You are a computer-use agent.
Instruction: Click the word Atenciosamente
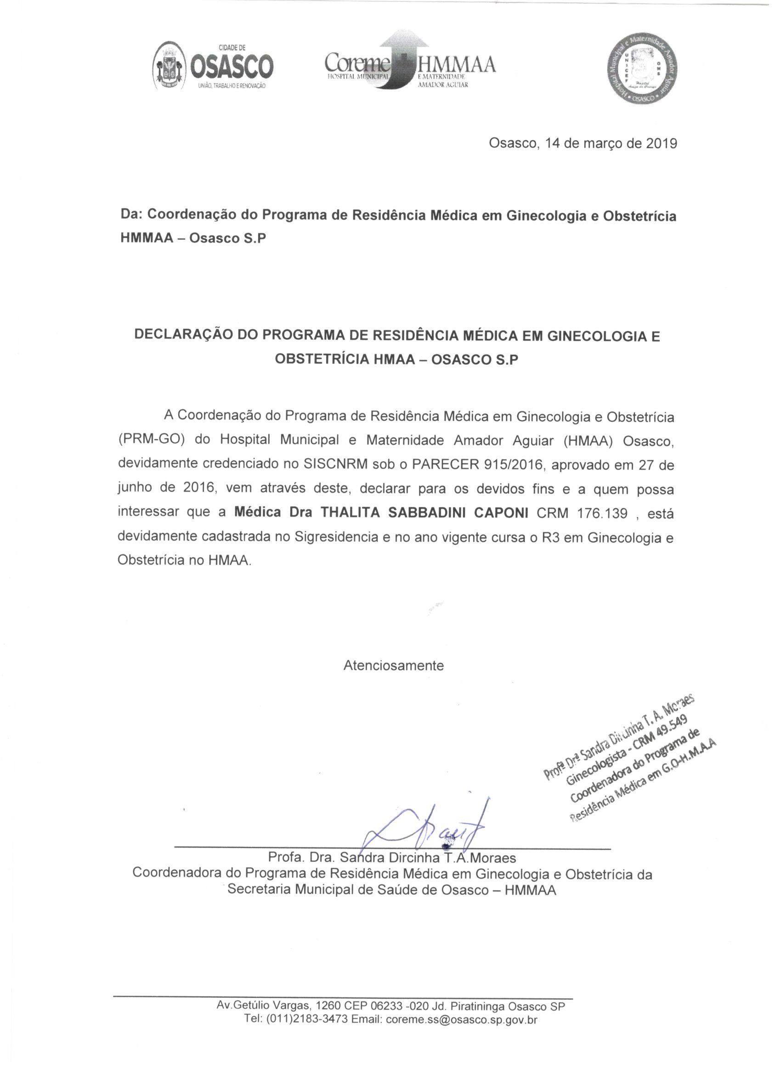394,665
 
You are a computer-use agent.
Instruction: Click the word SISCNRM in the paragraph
333,464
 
